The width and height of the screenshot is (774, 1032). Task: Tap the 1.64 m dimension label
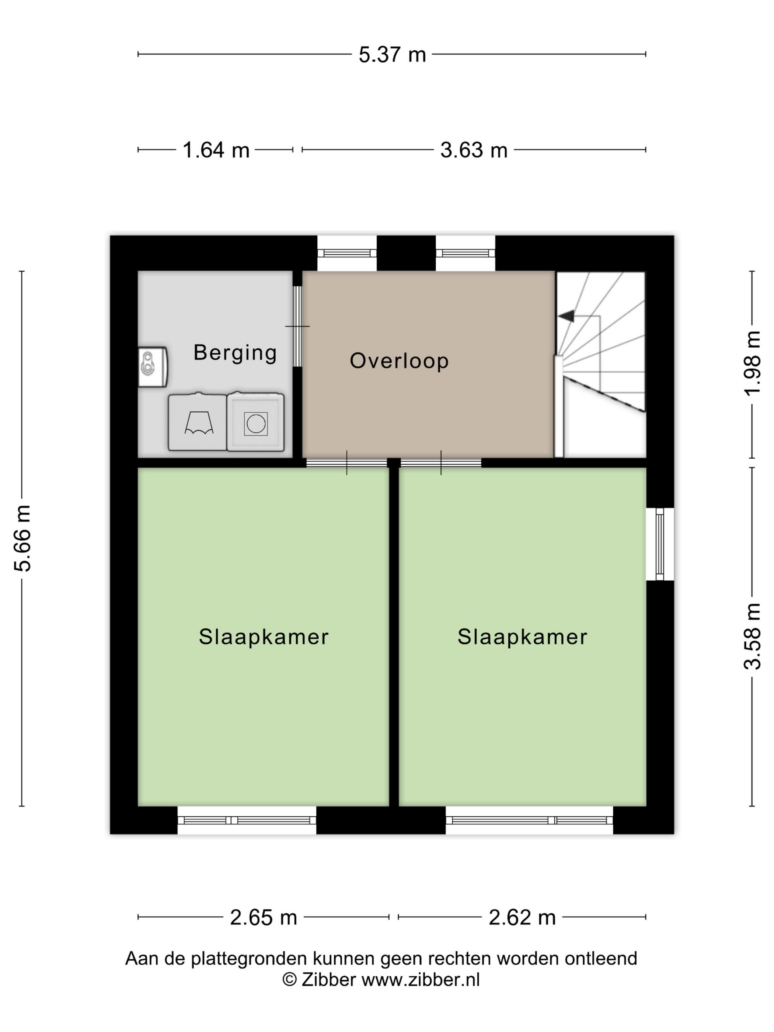216,150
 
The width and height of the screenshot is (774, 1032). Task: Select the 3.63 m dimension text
474,150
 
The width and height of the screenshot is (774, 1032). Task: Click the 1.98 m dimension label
752,363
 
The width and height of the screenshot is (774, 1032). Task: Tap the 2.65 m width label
264,918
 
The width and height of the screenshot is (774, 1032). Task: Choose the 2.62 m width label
522,918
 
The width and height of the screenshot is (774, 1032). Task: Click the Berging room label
235,353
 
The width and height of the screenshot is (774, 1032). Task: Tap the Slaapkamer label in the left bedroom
264,637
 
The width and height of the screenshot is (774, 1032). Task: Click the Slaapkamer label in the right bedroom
522,637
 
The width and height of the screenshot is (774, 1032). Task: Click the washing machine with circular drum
255,422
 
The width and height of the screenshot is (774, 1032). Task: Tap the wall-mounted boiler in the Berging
153,367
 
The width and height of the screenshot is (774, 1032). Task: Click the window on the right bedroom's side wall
660,544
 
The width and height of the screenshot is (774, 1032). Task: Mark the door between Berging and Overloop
297,326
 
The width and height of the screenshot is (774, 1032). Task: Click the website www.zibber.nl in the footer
421,979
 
